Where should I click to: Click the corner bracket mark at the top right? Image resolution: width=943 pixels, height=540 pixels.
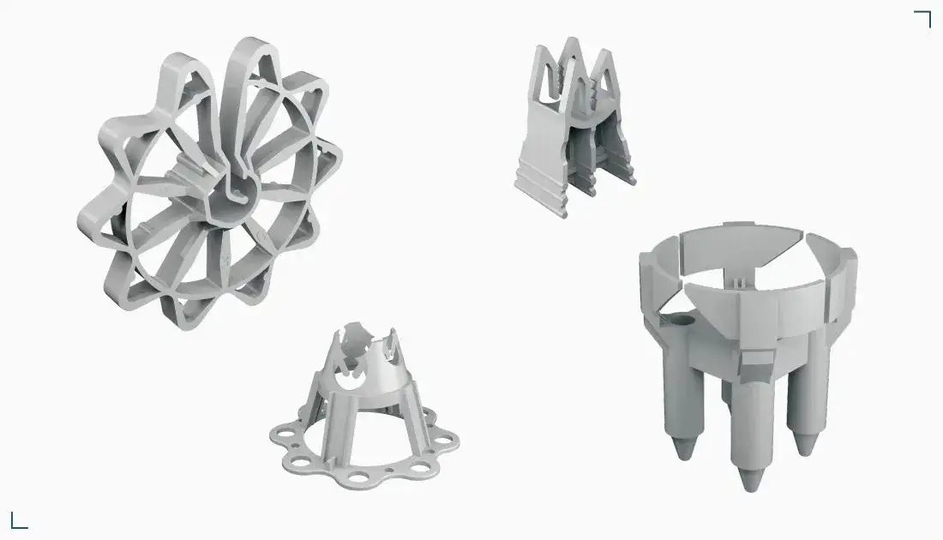923,18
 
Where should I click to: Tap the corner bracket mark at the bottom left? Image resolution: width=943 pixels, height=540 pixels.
18,520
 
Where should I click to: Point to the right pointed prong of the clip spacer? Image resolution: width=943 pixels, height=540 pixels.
606,73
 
